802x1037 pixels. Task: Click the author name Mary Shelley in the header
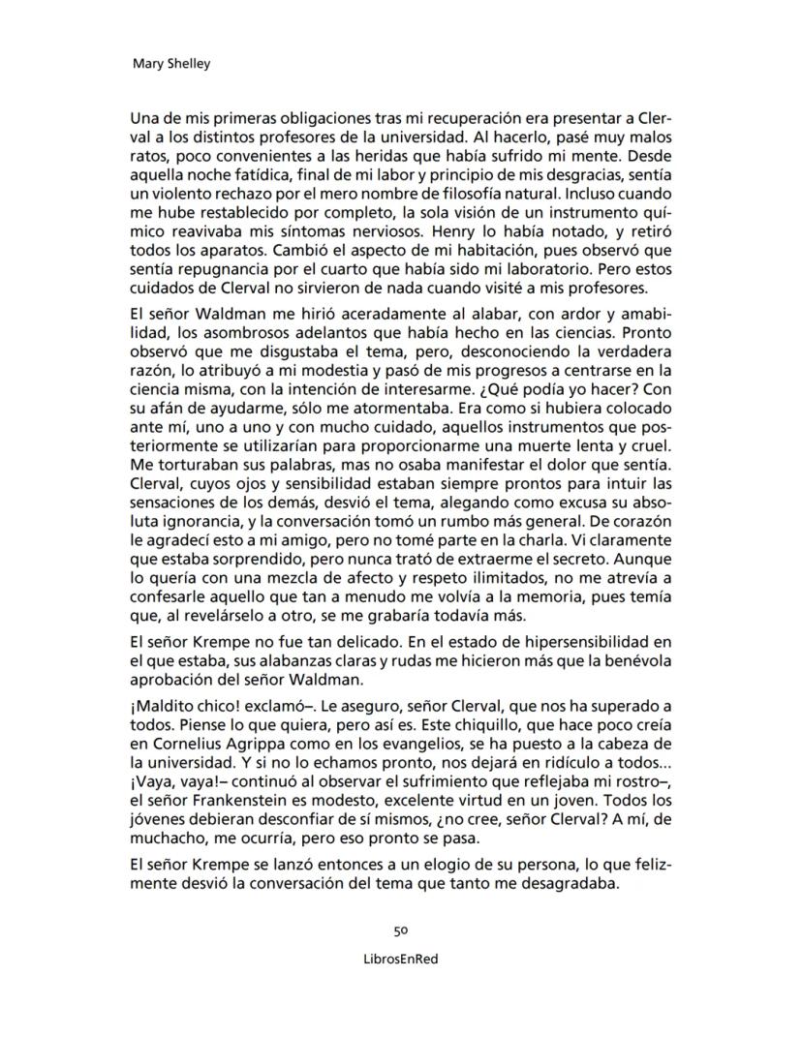170,64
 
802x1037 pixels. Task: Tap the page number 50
400,930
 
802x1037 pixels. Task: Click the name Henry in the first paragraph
452,232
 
